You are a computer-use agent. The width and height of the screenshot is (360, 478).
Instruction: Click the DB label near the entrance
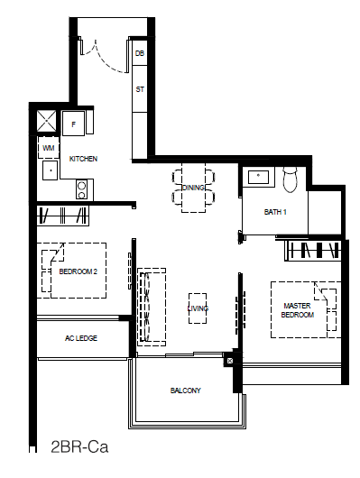click(x=140, y=53)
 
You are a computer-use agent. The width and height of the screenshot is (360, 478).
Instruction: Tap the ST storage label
click(x=140, y=89)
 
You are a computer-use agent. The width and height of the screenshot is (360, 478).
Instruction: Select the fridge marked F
click(x=73, y=124)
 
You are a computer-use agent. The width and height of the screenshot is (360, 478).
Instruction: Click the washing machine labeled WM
click(x=48, y=148)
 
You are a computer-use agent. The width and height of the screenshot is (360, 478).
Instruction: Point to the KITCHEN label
click(x=83, y=159)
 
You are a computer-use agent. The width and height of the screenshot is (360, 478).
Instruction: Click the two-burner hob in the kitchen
click(x=81, y=189)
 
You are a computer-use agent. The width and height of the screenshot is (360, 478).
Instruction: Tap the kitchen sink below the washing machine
click(x=50, y=170)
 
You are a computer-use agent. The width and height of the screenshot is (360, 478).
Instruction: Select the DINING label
click(x=193, y=188)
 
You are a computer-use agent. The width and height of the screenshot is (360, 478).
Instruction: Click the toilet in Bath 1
click(x=290, y=179)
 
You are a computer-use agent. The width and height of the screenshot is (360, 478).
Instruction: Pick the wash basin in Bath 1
click(x=258, y=177)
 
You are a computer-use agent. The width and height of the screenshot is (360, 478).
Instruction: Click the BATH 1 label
click(x=275, y=212)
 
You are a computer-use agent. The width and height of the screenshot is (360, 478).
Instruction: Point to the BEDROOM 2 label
click(x=78, y=271)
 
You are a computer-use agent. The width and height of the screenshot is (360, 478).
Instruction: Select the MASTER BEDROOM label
click(x=298, y=310)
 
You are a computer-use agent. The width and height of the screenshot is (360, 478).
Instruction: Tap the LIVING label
click(x=198, y=308)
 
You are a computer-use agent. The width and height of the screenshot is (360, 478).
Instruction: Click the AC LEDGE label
click(x=81, y=338)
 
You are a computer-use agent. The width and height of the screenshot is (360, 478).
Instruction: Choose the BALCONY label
click(x=186, y=391)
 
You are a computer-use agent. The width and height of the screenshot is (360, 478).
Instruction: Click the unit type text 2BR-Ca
click(x=79, y=447)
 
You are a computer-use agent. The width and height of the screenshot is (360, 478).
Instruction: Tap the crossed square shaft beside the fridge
click(x=47, y=121)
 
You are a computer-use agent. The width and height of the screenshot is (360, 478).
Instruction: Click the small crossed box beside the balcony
click(x=230, y=361)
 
